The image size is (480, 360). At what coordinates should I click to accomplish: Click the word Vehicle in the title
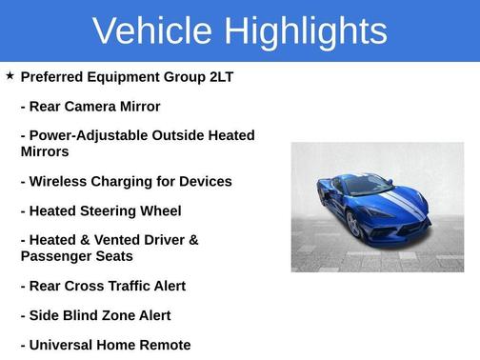click(152, 31)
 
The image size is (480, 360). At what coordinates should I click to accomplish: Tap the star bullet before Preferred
click(10, 75)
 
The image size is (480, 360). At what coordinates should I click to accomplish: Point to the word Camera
click(96, 107)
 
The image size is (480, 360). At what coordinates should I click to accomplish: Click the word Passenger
click(58, 256)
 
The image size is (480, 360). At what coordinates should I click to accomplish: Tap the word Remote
click(163, 345)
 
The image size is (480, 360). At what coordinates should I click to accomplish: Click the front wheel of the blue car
click(353, 225)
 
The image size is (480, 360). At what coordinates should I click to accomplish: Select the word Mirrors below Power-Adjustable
click(45, 151)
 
